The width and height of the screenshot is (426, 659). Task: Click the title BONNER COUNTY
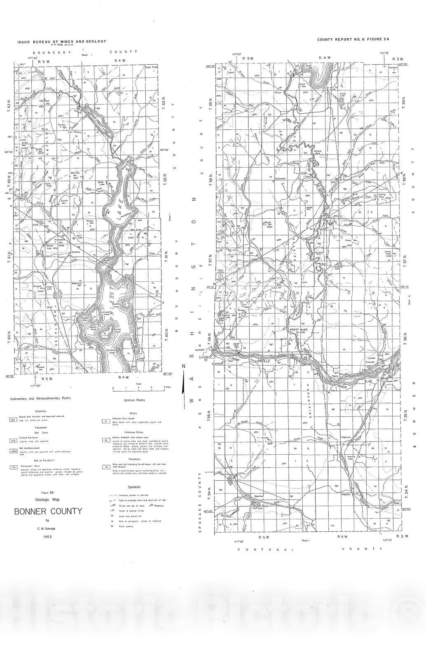pyautogui.click(x=48, y=512)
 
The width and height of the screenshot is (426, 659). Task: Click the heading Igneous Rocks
pyautogui.click(x=134, y=400)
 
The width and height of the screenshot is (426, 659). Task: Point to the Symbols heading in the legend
pyautogui.click(x=134, y=487)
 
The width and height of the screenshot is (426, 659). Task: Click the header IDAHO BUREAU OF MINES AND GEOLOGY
pyautogui.click(x=62, y=42)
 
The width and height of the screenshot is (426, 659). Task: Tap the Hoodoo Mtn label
pyautogui.click(x=270, y=441)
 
